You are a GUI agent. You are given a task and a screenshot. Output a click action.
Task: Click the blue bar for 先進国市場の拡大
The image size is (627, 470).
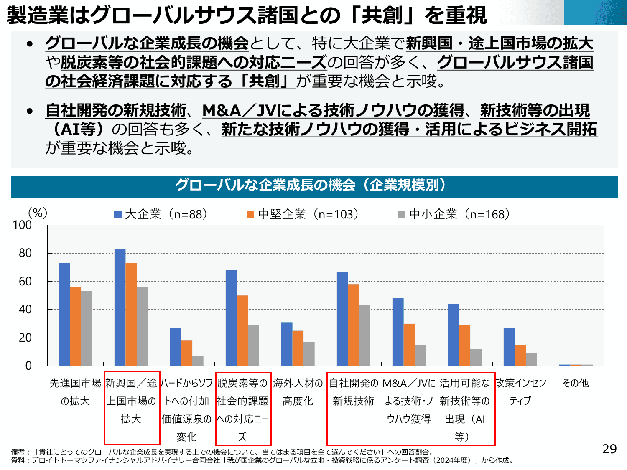(x=64, y=314)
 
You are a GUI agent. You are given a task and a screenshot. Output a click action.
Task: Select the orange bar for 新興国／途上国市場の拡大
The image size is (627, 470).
(x=131, y=314)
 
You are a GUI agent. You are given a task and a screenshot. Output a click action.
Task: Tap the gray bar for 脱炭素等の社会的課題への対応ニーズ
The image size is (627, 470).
(x=253, y=346)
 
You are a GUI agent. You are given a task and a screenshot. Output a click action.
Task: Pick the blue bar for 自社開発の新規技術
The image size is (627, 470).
(x=342, y=319)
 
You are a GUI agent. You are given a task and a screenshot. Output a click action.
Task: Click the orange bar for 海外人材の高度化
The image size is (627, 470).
(x=298, y=348)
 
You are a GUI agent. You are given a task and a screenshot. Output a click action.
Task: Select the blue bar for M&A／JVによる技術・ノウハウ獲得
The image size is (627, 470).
(x=398, y=332)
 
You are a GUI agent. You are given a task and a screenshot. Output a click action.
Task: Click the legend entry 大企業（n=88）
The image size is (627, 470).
(x=161, y=214)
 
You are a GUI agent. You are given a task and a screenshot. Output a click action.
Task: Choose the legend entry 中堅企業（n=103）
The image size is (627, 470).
(x=303, y=214)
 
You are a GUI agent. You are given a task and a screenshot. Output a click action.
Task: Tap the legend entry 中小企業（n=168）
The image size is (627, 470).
(x=454, y=214)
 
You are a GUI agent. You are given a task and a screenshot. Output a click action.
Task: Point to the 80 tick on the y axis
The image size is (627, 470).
(x=25, y=253)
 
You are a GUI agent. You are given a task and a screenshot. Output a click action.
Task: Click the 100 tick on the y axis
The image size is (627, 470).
(x=23, y=225)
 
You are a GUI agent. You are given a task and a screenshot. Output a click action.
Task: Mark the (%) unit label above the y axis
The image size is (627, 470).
(x=38, y=213)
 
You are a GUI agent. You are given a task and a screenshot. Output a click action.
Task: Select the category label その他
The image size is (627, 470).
(x=576, y=383)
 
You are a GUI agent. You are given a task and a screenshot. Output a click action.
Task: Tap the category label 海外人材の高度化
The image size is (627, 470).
(x=298, y=392)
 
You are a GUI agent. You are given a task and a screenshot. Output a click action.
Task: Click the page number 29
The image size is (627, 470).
(x=609, y=449)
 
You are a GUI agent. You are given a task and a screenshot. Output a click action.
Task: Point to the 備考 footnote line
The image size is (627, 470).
(x=222, y=452)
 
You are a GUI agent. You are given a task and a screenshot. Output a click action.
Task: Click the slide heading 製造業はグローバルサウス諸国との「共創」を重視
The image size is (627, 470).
(x=247, y=15)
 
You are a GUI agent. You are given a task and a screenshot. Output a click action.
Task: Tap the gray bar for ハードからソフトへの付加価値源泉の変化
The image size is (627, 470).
(x=198, y=361)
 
